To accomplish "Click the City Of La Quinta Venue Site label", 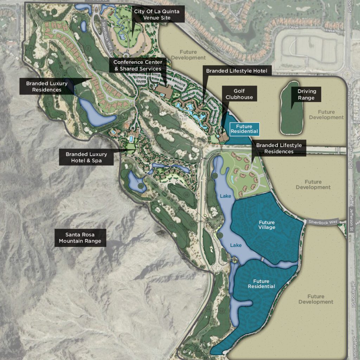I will (156, 14).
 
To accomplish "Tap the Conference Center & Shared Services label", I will (137, 65).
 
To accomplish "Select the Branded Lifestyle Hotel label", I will (237, 71).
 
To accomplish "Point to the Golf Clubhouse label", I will (239, 94).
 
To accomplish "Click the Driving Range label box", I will (306, 95).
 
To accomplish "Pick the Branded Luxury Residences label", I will (47, 86).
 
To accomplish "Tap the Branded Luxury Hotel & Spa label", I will (86, 157).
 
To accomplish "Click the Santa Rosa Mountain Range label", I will (80, 238).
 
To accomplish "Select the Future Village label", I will (267, 225).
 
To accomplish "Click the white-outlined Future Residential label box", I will (244, 129).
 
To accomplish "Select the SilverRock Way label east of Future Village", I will (322, 222).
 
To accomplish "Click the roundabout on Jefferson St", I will (348, 75).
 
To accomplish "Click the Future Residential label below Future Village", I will (261, 284).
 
